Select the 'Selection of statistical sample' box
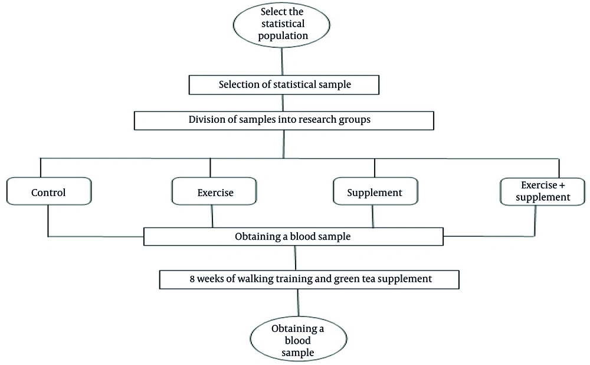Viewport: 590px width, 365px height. (x=284, y=84)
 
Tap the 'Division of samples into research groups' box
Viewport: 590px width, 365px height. (x=284, y=120)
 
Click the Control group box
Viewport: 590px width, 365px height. (x=48, y=193)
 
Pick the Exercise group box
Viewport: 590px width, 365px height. (x=215, y=193)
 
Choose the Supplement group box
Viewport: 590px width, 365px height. (x=375, y=193)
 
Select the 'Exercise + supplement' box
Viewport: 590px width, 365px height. (x=542, y=191)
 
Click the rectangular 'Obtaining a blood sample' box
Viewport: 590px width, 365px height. (x=293, y=237)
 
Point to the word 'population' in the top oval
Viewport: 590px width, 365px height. (x=283, y=35)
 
